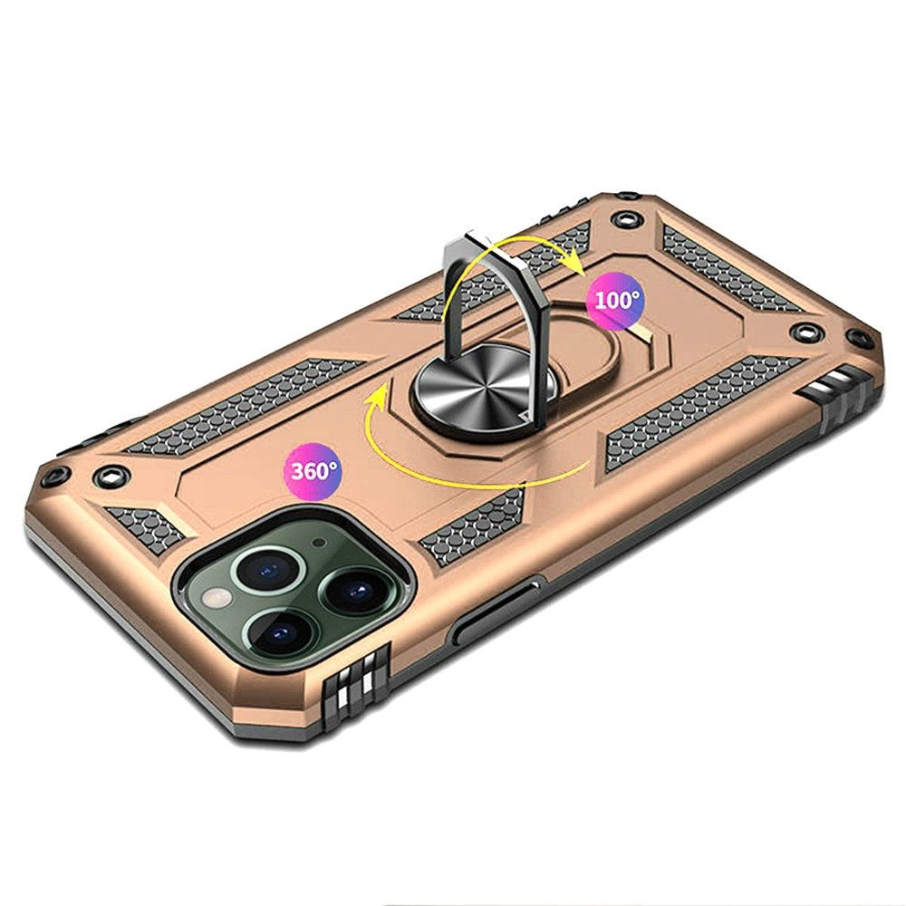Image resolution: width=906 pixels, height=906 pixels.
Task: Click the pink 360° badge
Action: [312, 471]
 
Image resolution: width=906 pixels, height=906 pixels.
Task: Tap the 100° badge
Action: [615, 301]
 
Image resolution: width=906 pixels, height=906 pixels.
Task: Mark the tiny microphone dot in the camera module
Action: [318, 543]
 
